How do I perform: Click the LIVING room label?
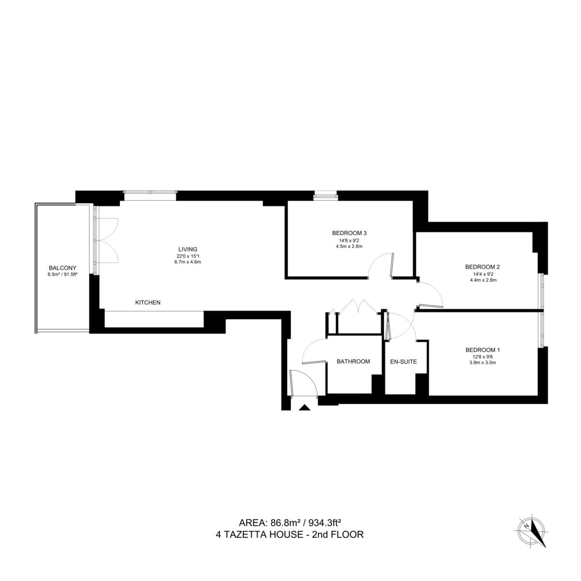[x=188, y=249]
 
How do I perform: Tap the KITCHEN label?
[x=148, y=303]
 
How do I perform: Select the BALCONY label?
[x=62, y=268]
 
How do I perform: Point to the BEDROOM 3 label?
[x=349, y=232]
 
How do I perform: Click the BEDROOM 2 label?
[x=482, y=267]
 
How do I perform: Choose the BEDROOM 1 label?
[x=482, y=350]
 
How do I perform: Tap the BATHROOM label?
[x=353, y=362]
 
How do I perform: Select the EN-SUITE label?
[x=403, y=362]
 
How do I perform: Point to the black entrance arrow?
[x=304, y=408]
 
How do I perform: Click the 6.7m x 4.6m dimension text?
[x=188, y=262]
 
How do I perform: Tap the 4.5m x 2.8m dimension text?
[x=349, y=246]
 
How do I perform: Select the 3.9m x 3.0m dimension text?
[x=482, y=363]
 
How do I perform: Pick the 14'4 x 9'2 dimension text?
[x=482, y=274]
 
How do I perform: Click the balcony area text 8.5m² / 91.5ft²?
[x=62, y=275]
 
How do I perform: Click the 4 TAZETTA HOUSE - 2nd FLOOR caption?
[x=290, y=535]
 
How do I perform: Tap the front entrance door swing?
[x=303, y=382]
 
